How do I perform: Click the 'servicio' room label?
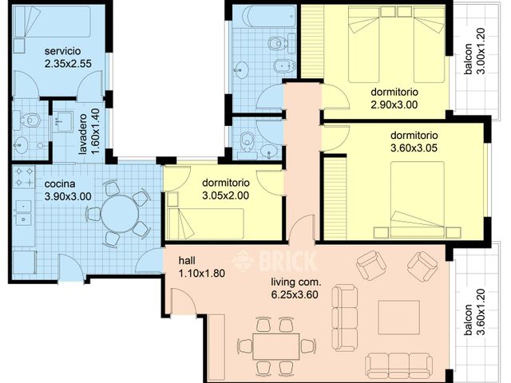click(x=62, y=51)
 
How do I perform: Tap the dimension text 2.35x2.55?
click(x=68, y=64)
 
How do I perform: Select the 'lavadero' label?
click(x=83, y=134)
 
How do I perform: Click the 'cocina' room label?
click(x=60, y=184)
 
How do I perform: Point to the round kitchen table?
click(x=120, y=214)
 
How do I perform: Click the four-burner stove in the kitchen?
click(x=23, y=177)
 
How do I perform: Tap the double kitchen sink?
click(x=23, y=213)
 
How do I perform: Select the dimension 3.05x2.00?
click(x=225, y=195)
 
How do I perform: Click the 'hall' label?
click(x=187, y=261)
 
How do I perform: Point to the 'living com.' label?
click(x=296, y=282)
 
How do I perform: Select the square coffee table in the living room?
click(x=398, y=317)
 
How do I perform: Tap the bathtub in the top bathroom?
click(x=263, y=16)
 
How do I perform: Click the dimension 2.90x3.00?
click(x=394, y=105)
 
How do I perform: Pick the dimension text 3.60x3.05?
click(x=414, y=148)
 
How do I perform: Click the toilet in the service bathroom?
click(x=29, y=120)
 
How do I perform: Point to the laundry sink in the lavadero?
click(x=63, y=122)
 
